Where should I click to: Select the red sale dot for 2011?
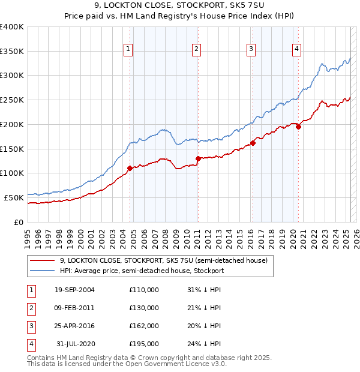pyautogui.click(x=198, y=158)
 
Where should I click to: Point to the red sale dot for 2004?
pyautogui.click(x=130, y=168)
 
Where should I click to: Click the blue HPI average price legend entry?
pyautogui.click(x=142, y=271)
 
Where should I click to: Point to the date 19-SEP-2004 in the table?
pyautogui.click(x=74, y=290)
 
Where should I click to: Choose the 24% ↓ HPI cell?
pyautogui.click(x=204, y=344)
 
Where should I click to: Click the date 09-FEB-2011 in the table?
pyautogui.click(x=74, y=308)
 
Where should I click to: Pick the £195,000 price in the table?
pyautogui.click(x=144, y=344)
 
